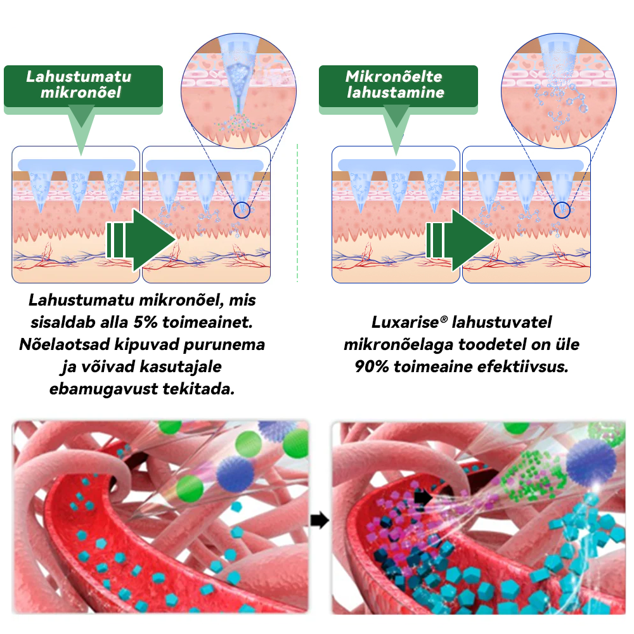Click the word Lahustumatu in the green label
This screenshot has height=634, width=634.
point(79,77)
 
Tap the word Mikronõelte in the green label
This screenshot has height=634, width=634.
point(394,77)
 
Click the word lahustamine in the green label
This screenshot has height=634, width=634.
point(396,93)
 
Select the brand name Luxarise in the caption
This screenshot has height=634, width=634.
point(405,322)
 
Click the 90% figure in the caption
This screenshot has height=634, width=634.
point(372,366)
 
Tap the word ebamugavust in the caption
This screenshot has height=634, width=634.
point(103,389)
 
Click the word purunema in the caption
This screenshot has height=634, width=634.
point(224,344)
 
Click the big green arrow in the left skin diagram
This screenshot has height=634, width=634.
point(141,240)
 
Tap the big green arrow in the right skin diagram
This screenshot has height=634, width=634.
point(460,240)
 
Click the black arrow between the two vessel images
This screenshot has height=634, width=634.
point(320,521)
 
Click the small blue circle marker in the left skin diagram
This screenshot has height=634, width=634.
point(242,210)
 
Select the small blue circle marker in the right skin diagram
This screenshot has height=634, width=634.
point(562,210)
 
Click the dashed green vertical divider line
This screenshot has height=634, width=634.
point(297,212)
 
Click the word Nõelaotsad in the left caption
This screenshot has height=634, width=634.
point(65,344)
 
